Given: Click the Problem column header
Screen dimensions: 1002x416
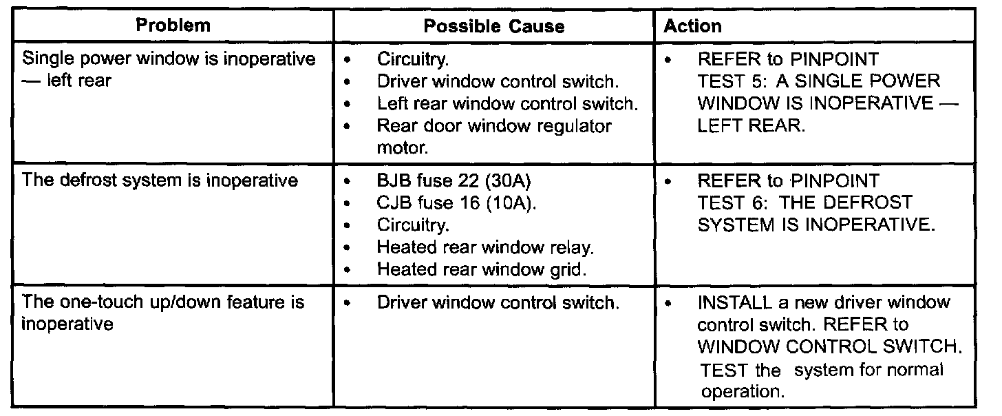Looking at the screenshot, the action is (x=173, y=27).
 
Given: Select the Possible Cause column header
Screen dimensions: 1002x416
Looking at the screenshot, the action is (x=494, y=27).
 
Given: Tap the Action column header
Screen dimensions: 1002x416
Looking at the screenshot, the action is (x=693, y=27).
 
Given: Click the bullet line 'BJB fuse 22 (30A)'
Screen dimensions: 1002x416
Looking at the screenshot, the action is (x=455, y=183).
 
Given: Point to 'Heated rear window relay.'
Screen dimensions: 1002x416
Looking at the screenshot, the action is (x=485, y=247).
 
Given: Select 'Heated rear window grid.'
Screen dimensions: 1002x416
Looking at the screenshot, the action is (x=482, y=269).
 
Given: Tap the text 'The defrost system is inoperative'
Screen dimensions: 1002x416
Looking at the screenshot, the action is (x=160, y=182).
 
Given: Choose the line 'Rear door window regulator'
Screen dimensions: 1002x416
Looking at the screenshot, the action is (x=494, y=126).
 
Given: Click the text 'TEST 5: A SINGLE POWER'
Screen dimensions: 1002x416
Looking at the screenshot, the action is (x=818, y=82).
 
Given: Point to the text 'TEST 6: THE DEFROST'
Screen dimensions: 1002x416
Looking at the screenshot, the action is (x=804, y=203).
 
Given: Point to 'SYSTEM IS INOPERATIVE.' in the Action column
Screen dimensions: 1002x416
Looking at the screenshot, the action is (x=816, y=225).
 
